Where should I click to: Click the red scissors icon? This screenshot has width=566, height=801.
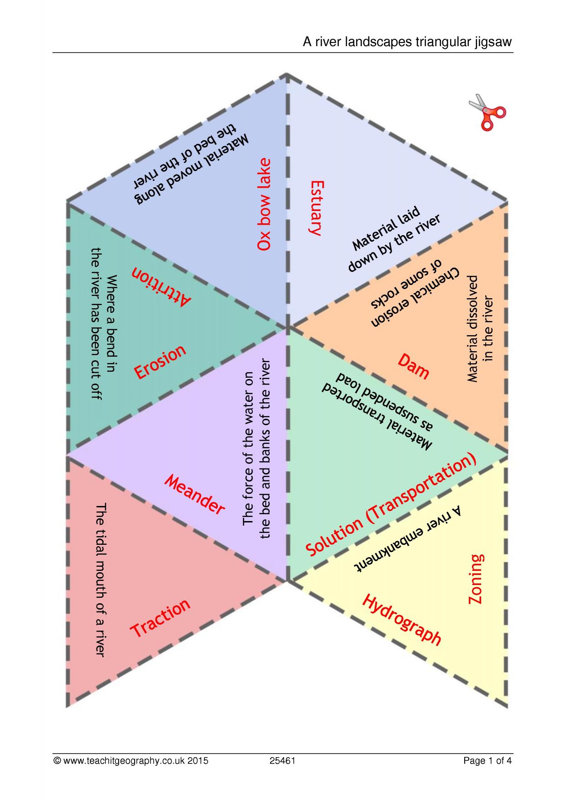click(487, 112)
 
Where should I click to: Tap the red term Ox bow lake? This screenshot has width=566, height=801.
click(264, 204)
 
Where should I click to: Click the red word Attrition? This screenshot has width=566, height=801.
click(162, 286)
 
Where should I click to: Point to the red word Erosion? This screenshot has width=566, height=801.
click(160, 361)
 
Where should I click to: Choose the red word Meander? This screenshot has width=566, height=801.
click(194, 495)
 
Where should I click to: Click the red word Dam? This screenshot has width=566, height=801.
click(414, 366)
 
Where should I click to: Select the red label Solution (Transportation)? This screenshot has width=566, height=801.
click(391, 505)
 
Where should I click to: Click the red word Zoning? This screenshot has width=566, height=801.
click(476, 579)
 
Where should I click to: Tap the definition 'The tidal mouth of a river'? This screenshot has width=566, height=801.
click(100, 580)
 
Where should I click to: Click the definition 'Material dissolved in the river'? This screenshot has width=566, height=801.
click(480, 328)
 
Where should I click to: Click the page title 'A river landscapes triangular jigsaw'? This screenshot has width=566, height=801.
click(408, 42)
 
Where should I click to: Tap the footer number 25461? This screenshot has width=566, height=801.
click(283, 760)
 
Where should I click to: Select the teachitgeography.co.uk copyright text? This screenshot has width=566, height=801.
click(131, 761)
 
